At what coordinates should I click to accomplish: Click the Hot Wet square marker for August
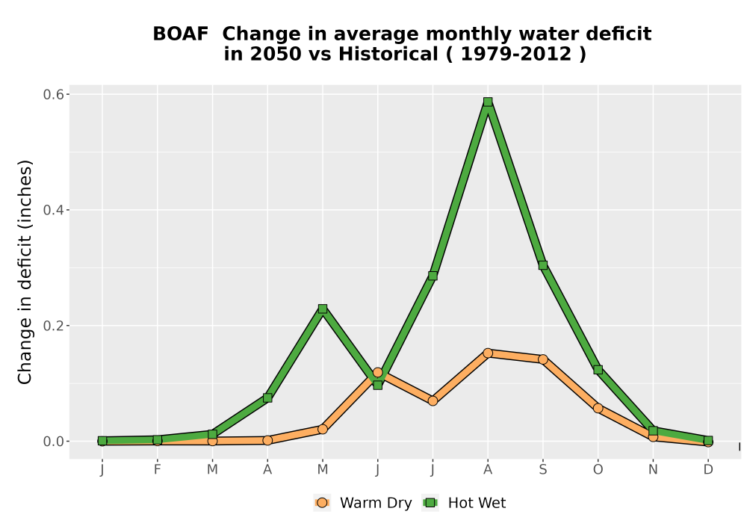click(487, 102)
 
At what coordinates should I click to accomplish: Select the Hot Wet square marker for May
click(323, 309)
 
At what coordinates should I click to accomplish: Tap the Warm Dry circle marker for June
click(377, 373)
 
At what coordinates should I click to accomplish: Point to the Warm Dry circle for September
click(542, 359)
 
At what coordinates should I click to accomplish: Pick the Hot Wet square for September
click(542, 265)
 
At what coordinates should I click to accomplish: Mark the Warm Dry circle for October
click(598, 408)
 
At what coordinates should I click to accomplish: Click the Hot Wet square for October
click(598, 370)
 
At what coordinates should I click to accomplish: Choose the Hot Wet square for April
click(267, 397)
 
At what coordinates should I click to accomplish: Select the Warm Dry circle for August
click(487, 353)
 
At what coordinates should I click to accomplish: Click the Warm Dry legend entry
click(362, 503)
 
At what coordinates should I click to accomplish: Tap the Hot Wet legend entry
click(464, 503)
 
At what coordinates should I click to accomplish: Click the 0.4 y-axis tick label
click(53, 210)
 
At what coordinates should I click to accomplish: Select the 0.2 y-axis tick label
click(53, 326)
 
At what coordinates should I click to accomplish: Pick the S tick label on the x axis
click(542, 470)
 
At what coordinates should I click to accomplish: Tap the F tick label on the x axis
click(157, 470)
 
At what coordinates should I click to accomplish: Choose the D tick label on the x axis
click(708, 470)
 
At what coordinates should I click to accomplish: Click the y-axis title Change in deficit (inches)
click(25, 272)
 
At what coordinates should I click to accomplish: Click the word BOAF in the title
click(181, 34)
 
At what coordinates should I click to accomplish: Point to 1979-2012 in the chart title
click(516, 54)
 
